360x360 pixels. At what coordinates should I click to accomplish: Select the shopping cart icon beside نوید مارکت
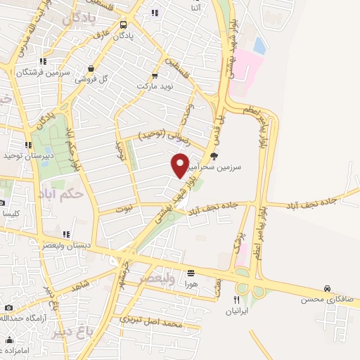155,75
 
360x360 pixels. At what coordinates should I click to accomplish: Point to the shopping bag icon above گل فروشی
91,68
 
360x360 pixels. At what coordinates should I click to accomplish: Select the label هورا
191,283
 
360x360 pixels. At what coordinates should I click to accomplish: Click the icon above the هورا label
191,273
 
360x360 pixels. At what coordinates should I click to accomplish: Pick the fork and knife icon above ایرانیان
236,299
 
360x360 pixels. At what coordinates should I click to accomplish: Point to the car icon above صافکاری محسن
328,288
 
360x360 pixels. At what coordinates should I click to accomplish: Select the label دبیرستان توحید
23,155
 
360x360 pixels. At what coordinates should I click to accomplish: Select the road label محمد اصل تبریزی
151,323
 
